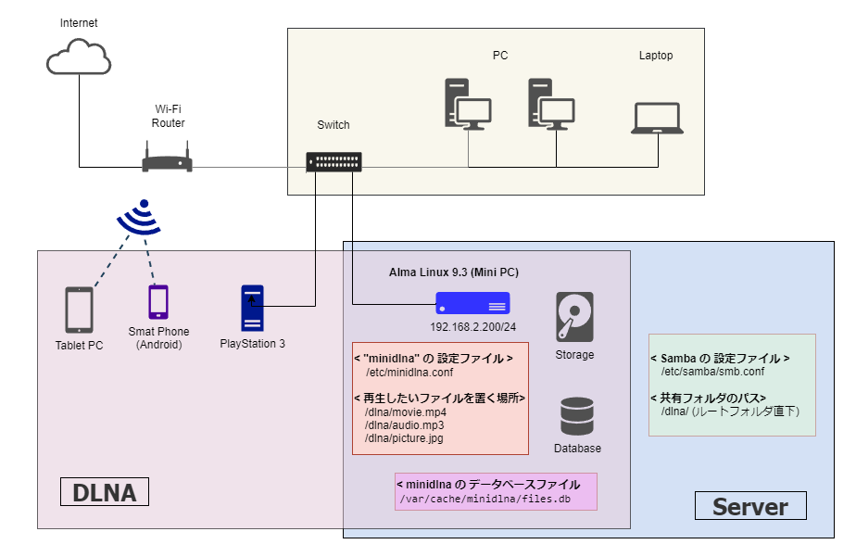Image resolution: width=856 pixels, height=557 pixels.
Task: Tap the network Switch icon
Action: coord(334,162)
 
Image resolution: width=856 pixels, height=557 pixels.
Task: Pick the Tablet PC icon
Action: coord(79,310)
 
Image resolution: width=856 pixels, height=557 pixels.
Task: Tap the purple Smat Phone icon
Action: coord(158,302)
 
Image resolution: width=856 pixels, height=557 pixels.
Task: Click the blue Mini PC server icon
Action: coord(472,302)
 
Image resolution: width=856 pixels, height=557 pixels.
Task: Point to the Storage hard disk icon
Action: coord(574,317)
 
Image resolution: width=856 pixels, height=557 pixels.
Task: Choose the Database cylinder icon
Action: coord(576,416)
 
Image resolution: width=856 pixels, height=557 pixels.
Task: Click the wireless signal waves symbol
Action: coord(139,220)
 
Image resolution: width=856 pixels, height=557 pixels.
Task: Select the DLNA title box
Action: coord(104,492)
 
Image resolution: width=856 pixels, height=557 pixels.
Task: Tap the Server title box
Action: coord(749,506)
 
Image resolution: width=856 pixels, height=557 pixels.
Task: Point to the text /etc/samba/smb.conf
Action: coord(712,372)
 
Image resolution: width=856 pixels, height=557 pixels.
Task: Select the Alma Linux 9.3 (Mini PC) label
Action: coord(453,272)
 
